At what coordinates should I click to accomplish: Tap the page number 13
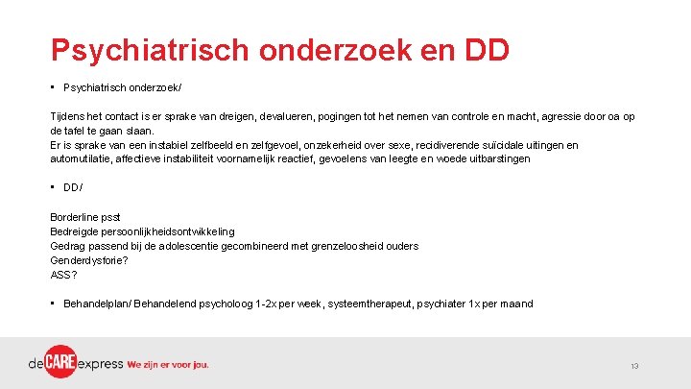point(635,367)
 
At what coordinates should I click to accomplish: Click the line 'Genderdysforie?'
point(89,259)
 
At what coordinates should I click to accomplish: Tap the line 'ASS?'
point(64,274)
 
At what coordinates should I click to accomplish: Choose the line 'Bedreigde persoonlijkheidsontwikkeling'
point(142,232)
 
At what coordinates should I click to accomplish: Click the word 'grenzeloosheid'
point(346,246)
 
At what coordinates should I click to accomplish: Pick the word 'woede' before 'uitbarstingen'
point(456,158)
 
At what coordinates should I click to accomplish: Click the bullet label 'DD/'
point(72,188)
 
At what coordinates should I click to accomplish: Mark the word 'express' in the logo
point(102,365)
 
